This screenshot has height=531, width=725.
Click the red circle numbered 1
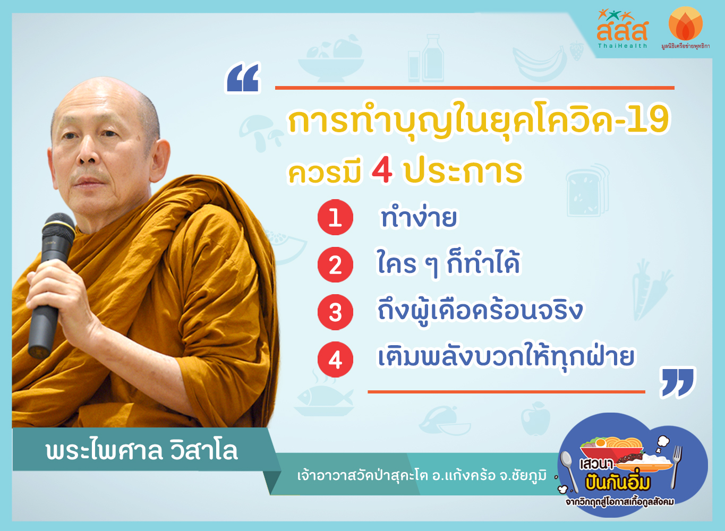point(335,217)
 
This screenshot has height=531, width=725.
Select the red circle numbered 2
point(335,264)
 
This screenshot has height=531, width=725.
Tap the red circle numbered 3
point(335,312)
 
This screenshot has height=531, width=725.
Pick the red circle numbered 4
point(335,359)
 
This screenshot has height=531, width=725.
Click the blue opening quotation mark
point(243,78)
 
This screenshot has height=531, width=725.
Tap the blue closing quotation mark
point(677,383)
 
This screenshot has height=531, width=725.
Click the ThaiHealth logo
point(622,29)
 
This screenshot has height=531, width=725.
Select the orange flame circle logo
point(686,23)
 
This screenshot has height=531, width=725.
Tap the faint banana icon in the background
point(540,63)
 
